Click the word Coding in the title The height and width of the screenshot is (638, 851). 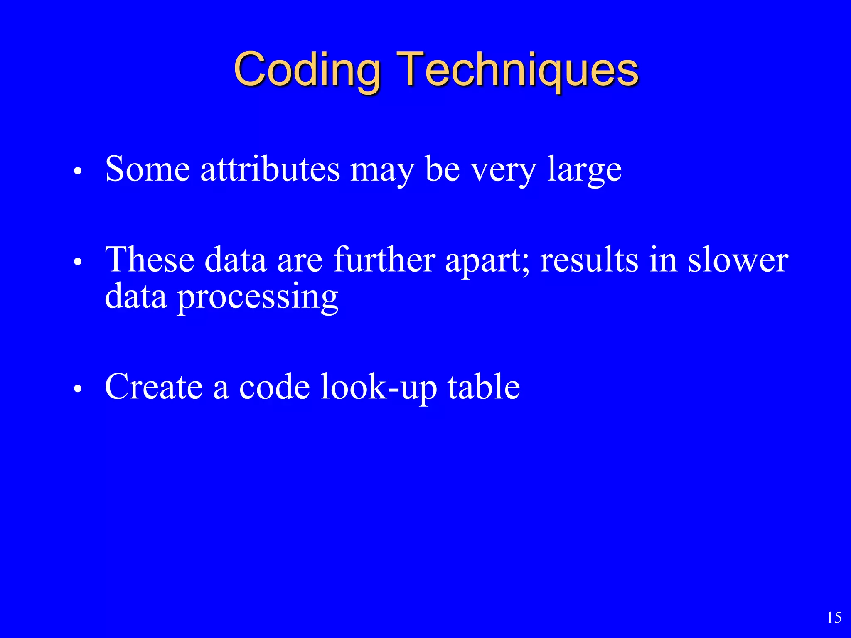tap(307, 69)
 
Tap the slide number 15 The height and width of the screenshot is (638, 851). tap(834, 618)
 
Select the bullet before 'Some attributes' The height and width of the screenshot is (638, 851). tap(77, 171)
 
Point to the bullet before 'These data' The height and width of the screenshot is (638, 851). tap(77, 262)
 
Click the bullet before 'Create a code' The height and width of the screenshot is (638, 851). tap(77, 389)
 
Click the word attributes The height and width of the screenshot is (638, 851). tap(270, 169)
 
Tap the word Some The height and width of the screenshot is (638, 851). tap(148, 169)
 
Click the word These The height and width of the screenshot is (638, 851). tap(150, 260)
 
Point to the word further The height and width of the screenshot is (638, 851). tap(384, 260)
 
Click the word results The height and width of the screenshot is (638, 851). tap(589, 260)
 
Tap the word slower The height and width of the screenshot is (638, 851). tap(738, 261)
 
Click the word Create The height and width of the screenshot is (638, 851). tap(154, 387)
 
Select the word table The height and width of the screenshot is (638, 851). tap(484, 387)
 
